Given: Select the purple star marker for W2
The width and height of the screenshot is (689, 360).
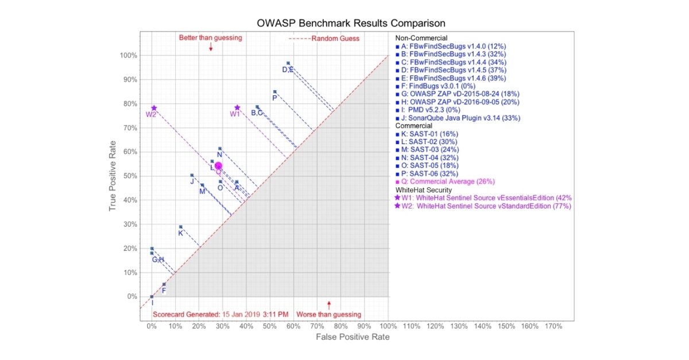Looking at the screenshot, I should point(154,108).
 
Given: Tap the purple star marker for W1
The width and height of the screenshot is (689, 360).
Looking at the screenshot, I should point(237,107).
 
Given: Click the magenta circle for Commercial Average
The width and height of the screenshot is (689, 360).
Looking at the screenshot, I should point(218,166).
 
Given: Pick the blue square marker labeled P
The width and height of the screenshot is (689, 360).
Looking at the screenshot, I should point(274,92).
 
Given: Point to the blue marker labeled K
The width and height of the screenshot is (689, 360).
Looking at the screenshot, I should point(180,227).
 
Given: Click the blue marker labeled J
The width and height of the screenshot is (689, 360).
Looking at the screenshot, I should point(192,175).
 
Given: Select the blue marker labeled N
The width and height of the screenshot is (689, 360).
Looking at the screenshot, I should point(219,149).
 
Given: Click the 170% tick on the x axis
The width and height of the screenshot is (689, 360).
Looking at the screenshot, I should point(552,327).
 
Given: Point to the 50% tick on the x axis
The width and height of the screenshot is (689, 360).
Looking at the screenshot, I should point(270,327).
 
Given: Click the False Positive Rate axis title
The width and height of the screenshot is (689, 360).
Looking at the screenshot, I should point(353,337).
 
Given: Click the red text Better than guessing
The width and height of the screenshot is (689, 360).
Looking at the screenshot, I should point(210,38).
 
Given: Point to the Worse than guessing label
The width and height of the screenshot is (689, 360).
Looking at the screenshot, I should point(328,314).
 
